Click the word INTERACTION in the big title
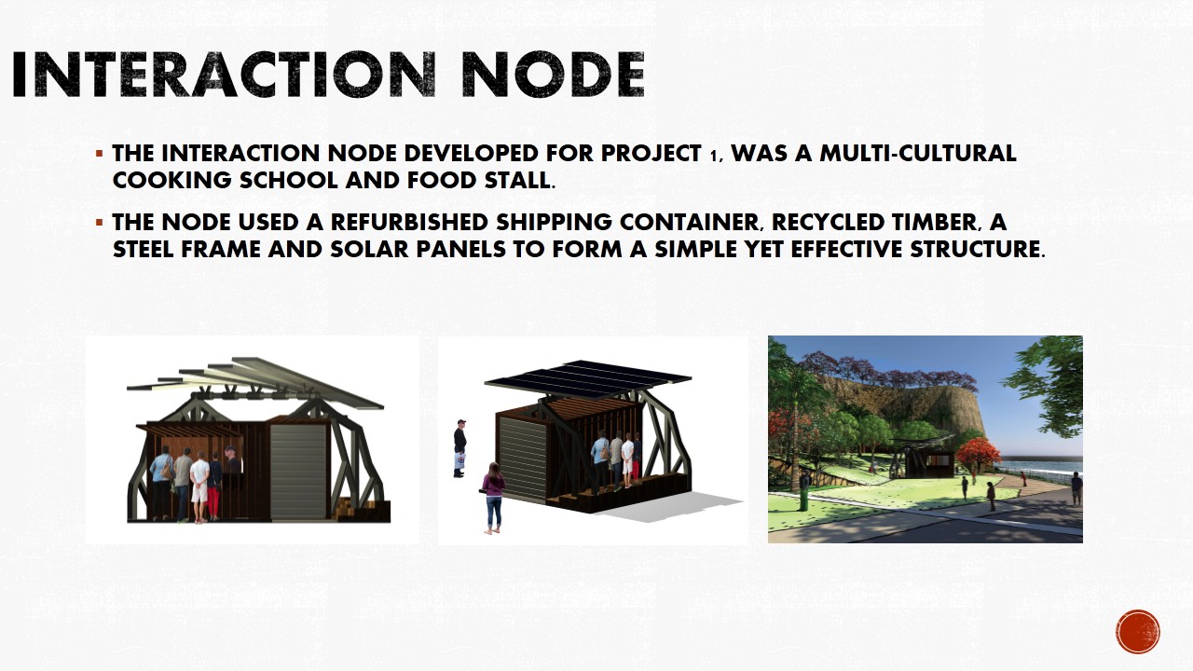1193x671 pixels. tap(222, 75)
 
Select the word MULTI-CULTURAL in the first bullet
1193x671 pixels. tap(921, 154)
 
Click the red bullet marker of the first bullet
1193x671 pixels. tap(99, 153)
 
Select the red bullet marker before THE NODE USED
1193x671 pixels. tap(99, 223)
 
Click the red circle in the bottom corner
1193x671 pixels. tap(1137, 632)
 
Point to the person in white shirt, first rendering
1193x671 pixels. tap(199, 485)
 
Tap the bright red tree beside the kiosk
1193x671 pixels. tap(977, 455)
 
